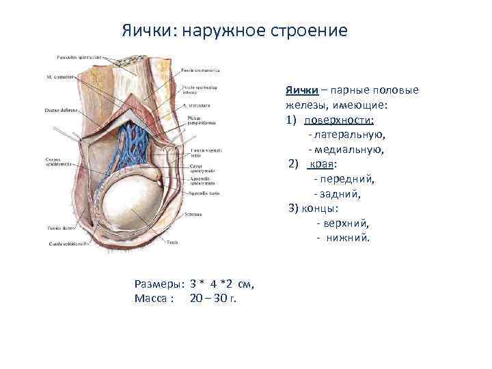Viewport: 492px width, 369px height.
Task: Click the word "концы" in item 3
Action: click(321, 208)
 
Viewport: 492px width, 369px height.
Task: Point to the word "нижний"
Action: click(348, 238)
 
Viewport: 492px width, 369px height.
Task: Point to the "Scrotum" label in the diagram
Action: click(193, 214)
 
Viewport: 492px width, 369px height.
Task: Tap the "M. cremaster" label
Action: click(58, 77)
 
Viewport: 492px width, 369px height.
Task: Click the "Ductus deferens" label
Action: click(60, 110)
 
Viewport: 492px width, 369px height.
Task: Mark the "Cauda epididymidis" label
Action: click(66, 244)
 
